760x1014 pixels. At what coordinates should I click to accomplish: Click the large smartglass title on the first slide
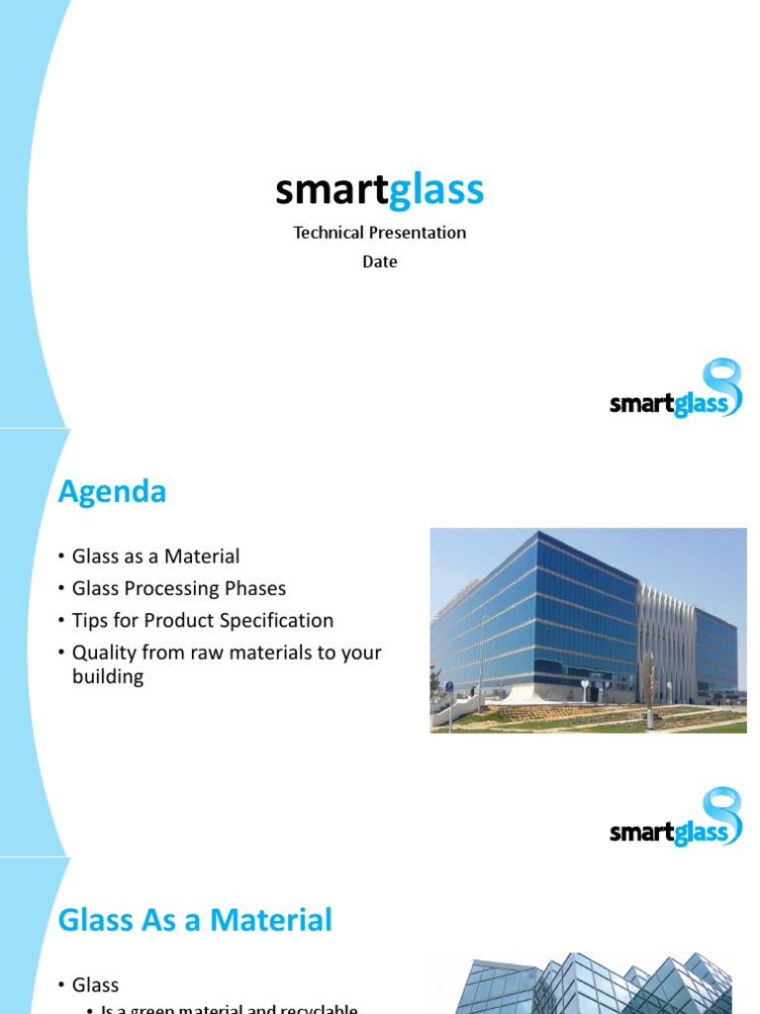pos(379,190)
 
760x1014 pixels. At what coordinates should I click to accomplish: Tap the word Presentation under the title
pos(417,233)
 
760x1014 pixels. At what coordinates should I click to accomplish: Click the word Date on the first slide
pos(379,261)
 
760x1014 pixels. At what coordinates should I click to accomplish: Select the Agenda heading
pos(112,491)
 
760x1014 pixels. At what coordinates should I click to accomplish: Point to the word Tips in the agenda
pos(89,620)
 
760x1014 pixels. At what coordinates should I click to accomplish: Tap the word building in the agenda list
pos(108,677)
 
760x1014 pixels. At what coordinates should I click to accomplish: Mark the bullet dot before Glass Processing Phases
pos(62,589)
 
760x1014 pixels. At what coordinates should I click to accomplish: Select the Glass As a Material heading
pos(195,920)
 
